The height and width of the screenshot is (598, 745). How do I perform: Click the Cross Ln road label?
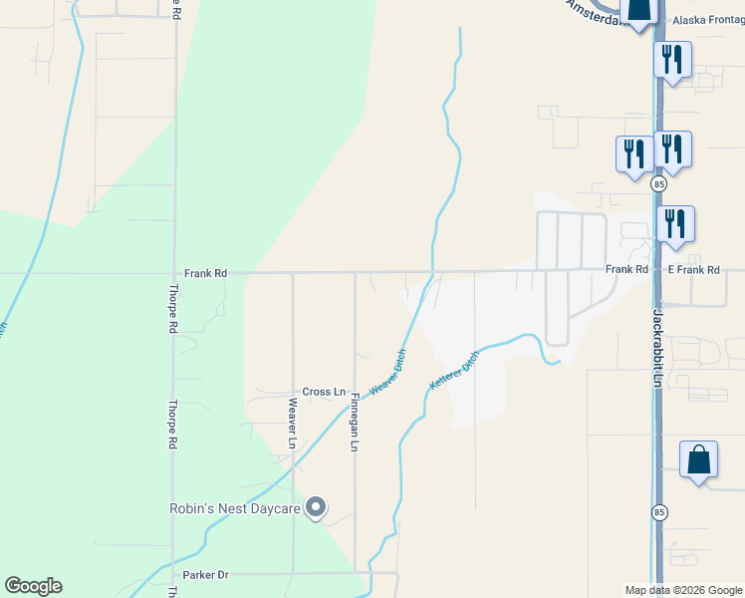click(324, 392)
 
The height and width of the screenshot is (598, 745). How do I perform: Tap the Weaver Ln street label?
click(293, 423)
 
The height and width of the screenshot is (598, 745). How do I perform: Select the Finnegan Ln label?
click(355, 424)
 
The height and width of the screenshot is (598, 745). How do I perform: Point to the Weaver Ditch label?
click(388, 373)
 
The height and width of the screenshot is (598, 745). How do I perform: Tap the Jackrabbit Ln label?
click(657, 348)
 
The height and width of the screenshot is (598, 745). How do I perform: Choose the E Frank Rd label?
click(693, 270)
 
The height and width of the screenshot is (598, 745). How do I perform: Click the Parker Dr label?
click(206, 575)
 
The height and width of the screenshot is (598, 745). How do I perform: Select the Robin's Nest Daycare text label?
click(234, 509)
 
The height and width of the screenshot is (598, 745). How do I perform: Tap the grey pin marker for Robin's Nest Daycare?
click(316, 508)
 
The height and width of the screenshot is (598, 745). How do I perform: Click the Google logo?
click(33, 586)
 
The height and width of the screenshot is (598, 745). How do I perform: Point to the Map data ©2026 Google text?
click(683, 590)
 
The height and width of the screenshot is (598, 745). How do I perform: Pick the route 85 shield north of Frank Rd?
click(658, 185)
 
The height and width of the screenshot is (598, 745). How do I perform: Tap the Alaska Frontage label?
click(707, 20)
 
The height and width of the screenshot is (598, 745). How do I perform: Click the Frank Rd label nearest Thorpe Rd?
click(205, 272)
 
